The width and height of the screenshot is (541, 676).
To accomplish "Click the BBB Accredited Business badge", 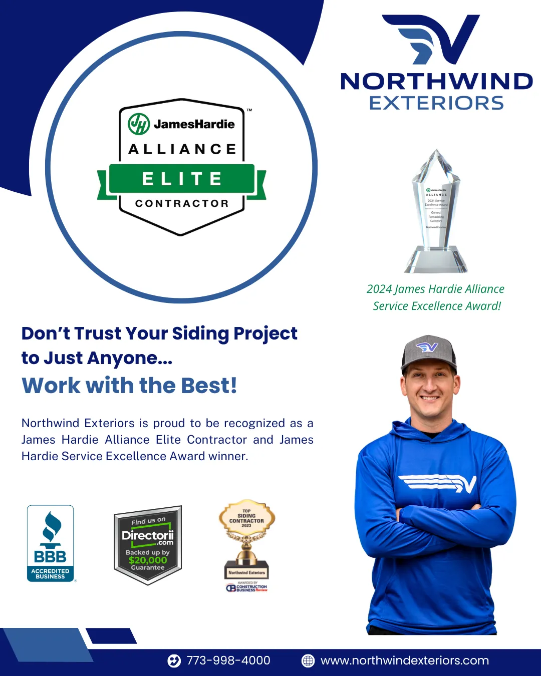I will pos(50,543).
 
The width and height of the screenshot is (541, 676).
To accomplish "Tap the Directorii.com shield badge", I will pos(148,545).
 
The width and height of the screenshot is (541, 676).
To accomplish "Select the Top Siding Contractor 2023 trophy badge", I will pos(246,543).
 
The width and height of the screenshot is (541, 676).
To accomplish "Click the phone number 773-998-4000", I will pos(228,660).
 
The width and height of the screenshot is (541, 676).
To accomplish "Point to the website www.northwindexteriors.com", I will pos(405,660).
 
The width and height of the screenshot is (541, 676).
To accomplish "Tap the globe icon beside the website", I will pos(308,661).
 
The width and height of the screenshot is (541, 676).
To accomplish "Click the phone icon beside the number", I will pos(174,661).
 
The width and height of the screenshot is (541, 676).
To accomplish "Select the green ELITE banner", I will pos(182,179).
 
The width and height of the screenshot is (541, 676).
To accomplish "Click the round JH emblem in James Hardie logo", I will pos(139,124).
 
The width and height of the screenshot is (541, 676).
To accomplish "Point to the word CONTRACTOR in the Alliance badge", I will pos(182,203).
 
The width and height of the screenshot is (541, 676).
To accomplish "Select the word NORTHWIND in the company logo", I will pos(436,82).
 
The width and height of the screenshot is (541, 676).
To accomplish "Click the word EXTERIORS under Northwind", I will pos(436,103).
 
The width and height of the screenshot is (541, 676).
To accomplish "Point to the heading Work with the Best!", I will pos(129,386).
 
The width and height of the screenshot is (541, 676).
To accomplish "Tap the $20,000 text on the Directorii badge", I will pos(148,560).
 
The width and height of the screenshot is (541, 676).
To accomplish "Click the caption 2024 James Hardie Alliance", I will pos(435,289).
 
